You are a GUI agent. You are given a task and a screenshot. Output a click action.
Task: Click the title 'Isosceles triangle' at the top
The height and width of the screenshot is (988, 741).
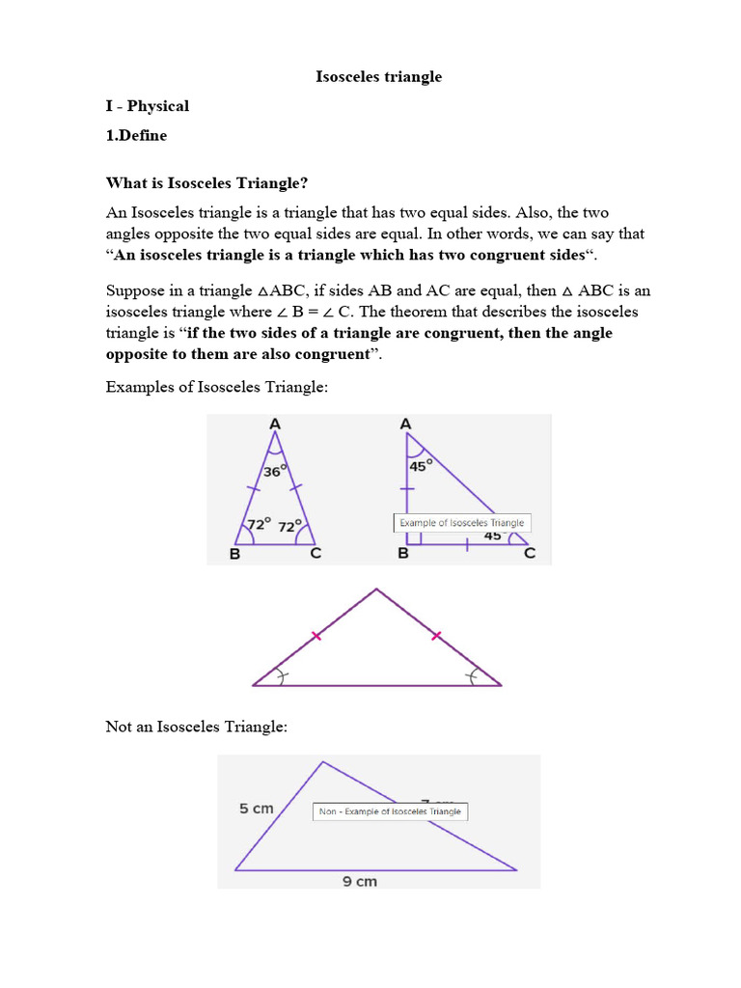(378, 76)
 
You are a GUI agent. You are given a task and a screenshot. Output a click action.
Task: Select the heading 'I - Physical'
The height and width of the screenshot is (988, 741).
(147, 106)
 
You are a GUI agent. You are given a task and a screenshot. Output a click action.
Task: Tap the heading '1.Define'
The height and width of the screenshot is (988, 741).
(136, 135)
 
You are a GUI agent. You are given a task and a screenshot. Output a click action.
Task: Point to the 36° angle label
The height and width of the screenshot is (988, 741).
(276, 473)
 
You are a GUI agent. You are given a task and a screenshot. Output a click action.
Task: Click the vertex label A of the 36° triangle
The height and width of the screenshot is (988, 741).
(275, 424)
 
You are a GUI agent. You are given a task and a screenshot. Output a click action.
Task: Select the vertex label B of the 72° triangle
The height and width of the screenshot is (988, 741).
(234, 555)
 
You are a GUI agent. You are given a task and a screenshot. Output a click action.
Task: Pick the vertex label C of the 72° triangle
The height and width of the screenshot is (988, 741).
(315, 555)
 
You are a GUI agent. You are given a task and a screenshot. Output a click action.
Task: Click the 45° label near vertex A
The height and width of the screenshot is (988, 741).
(421, 464)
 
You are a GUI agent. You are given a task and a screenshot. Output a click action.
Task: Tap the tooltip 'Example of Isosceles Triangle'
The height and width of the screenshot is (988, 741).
(462, 523)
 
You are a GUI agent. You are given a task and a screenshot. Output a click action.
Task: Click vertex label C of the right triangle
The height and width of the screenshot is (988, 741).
(529, 555)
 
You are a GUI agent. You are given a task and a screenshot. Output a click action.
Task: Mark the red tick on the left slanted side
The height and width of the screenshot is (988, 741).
(316, 636)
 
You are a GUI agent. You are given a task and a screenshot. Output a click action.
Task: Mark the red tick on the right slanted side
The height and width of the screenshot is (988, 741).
(436, 636)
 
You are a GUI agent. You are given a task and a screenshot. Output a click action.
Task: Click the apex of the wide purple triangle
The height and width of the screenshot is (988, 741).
(376, 590)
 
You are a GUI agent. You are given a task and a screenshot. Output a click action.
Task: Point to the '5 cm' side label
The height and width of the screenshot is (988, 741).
(257, 809)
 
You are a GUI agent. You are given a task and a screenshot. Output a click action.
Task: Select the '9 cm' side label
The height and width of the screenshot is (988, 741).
(360, 881)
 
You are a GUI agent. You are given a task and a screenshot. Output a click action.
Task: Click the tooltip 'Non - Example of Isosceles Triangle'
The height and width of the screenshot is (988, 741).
(390, 811)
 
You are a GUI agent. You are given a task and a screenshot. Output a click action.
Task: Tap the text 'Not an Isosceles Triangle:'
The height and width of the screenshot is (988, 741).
(196, 727)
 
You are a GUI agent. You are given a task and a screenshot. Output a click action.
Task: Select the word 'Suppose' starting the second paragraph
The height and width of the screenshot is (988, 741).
(134, 290)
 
